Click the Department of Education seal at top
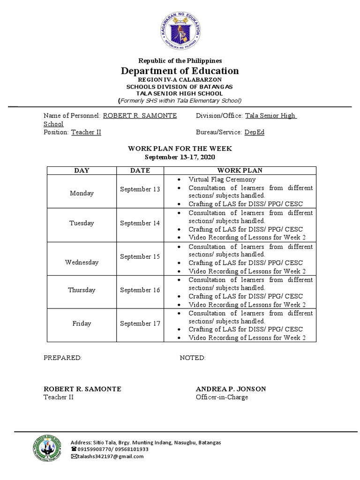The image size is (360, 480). pyautogui.click(x=180, y=30)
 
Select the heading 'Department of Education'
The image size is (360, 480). pyautogui.click(x=180, y=71)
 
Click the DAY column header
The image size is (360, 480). pyautogui.click(x=82, y=171)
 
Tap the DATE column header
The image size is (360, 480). pyautogui.click(x=140, y=171)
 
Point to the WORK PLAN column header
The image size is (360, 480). pyautogui.click(x=240, y=171)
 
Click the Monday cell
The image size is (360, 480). pyautogui.click(x=82, y=193)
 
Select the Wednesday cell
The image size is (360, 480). pyautogui.click(x=82, y=262)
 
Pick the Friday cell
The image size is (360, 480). pyautogui.click(x=82, y=323)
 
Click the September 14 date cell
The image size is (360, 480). pyautogui.click(x=140, y=223)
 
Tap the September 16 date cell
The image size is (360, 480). pyautogui.click(x=140, y=290)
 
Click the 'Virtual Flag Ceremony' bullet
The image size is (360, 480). pyautogui.click(x=222, y=180)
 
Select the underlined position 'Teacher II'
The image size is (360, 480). pyautogui.click(x=86, y=132)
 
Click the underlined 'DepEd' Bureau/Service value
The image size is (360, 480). pyautogui.click(x=254, y=132)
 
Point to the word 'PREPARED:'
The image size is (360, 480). pyautogui.click(x=63, y=358)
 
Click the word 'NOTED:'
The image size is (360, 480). pyautogui.click(x=193, y=358)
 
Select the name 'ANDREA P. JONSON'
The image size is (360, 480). pyautogui.click(x=231, y=389)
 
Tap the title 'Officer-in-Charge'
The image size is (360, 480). pyautogui.click(x=222, y=397)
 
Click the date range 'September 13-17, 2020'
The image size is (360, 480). pyautogui.click(x=180, y=157)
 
